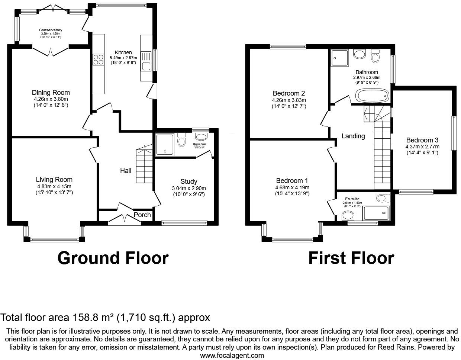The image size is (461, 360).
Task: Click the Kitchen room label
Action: (x=123, y=52)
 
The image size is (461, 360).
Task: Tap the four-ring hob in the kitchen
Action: (x=98, y=60)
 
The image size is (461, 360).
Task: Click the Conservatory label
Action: (x=51, y=30)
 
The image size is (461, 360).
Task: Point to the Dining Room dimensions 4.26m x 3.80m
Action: (x=51, y=99)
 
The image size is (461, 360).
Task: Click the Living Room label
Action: (x=54, y=180)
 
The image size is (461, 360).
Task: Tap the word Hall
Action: (x=126, y=171)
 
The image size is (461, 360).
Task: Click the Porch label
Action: (x=142, y=215)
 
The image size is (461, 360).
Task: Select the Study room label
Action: (x=188, y=181)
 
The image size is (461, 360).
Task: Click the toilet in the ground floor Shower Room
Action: (x=182, y=141)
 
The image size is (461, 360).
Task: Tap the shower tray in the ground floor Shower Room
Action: (x=164, y=144)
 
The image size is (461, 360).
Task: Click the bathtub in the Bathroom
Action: (x=372, y=96)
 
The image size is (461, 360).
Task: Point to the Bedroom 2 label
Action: (x=288, y=93)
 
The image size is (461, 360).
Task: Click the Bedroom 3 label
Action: (x=422, y=140)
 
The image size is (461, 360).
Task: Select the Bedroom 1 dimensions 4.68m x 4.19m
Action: (x=292, y=187)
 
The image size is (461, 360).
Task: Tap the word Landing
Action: (x=353, y=136)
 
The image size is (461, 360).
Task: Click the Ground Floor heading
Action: (x=113, y=258)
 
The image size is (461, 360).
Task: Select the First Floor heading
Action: (x=351, y=258)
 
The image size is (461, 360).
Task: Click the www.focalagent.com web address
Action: (x=232, y=355)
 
